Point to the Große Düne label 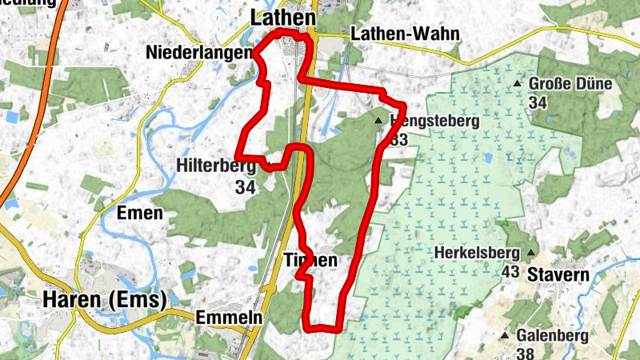[x=570, y=84]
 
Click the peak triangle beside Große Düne [x=518, y=83]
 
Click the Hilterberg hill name [x=215, y=166]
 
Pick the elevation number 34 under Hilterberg [x=245, y=187]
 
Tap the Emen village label [x=139, y=214]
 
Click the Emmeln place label [x=229, y=318]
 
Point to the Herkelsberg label [x=478, y=254]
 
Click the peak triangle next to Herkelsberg [x=530, y=254]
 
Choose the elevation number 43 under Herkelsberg [x=510, y=272]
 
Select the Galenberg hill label [x=553, y=335]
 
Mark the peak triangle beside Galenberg [x=505, y=335]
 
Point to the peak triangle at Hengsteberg [x=378, y=121]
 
